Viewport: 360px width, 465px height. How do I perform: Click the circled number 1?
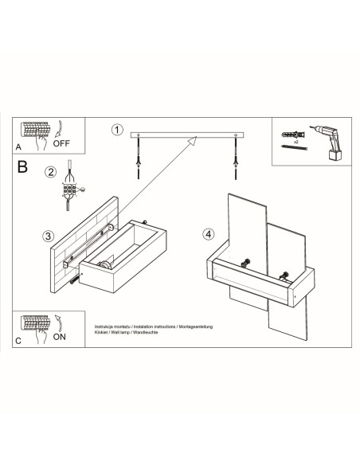pos(118,129)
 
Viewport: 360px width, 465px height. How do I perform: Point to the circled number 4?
pos(208,234)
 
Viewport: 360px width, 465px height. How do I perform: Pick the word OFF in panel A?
pos(61,145)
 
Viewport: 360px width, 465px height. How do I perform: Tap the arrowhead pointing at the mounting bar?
pos(191,140)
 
